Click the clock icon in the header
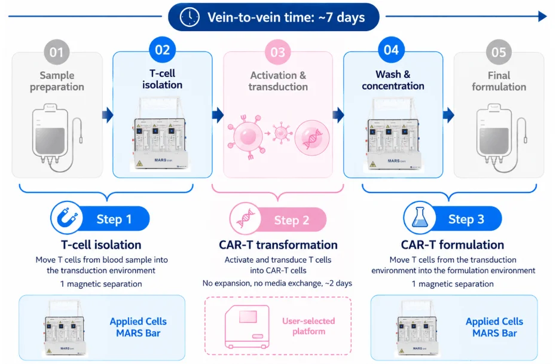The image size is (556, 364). [x=190, y=17]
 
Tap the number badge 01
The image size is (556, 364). [x=56, y=52]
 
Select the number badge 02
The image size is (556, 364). [x=163, y=50]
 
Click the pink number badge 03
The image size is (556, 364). [x=277, y=52]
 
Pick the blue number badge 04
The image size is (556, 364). [x=391, y=50]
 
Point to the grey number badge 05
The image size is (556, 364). [x=499, y=52]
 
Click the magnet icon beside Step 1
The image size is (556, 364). [x=67, y=218]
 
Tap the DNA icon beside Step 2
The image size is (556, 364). [x=246, y=219]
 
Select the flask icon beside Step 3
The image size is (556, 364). [x=420, y=218]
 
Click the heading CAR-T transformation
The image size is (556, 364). [x=278, y=244]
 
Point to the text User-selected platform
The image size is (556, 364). [x=308, y=326]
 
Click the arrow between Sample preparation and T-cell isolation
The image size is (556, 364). [x=108, y=115]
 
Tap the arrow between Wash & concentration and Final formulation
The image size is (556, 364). [x=448, y=115]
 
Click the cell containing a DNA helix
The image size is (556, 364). [x=312, y=138]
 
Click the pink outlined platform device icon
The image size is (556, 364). [x=247, y=326]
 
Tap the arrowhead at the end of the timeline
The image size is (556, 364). [x=542, y=16]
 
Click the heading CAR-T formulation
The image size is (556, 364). [x=453, y=244]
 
